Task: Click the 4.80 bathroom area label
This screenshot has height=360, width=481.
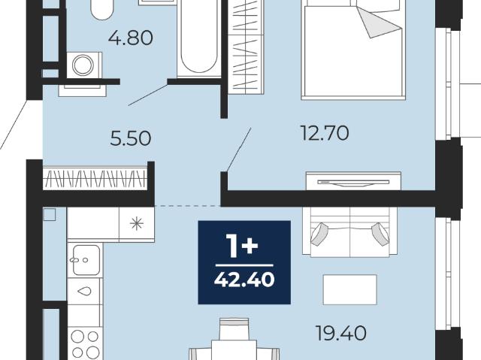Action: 131,38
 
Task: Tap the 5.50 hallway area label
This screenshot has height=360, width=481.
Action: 131,138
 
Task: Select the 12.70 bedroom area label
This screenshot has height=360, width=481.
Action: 325,133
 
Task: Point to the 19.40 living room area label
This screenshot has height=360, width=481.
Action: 341,334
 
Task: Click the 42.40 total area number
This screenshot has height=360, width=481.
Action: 244,280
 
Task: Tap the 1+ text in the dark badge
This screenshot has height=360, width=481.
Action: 242,246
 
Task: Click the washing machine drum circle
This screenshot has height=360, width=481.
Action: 83,65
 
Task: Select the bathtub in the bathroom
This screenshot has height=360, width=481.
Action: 199,38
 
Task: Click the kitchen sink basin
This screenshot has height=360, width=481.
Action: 86,260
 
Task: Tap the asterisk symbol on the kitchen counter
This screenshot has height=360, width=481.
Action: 137,223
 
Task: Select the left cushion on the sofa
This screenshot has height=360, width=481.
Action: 319,234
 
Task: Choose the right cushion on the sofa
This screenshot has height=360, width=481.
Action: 380,233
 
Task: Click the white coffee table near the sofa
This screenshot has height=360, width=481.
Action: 349,290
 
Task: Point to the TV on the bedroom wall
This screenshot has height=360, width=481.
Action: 353,183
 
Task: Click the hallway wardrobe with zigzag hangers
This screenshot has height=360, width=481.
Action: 95,178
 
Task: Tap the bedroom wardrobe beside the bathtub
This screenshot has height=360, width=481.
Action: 246,46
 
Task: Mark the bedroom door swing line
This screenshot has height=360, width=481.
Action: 239,150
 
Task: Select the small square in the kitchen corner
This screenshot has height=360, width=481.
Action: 50,215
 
